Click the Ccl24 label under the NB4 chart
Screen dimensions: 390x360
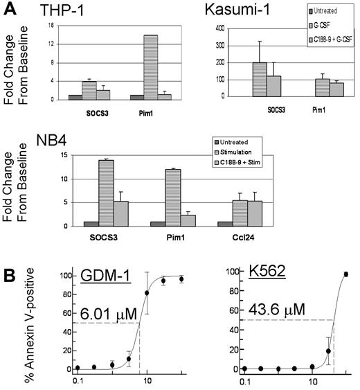(x=249, y=236)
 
